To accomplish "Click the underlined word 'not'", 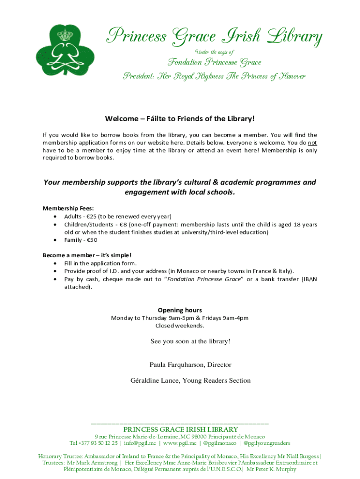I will (x=312, y=143).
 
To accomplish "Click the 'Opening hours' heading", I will (x=180, y=310).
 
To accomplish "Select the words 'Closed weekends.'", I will (x=180, y=326).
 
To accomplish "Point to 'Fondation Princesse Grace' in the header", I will (x=215, y=62).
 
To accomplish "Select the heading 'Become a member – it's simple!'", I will (x=87, y=255).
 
